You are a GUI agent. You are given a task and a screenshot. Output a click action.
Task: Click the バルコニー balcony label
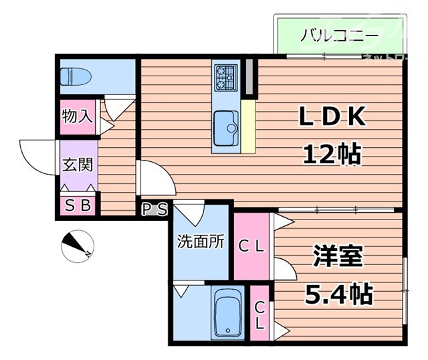pyautogui.click(x=328, y=35)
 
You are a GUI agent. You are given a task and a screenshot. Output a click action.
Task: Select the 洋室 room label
pyautogui.click(x=338, y=256)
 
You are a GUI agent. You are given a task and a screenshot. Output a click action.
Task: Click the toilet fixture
pyautogui.click(x=75, y=76)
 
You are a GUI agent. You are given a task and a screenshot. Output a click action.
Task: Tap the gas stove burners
pyautogui.click(x=226, y=77)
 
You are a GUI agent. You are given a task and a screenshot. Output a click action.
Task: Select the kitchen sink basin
pyautogui.click(x=225, y=124)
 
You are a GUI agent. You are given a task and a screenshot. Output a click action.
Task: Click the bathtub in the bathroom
pyautogui.click(x=227, y=313)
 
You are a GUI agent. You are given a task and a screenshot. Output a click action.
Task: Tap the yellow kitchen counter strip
pyautogui.click(x=248, y=126)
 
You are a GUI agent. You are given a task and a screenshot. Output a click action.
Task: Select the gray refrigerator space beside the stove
pyautogui.click(x=249, y=77)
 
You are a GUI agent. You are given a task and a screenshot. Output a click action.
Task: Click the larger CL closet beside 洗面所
pyautogui.click(x=252, y=246)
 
